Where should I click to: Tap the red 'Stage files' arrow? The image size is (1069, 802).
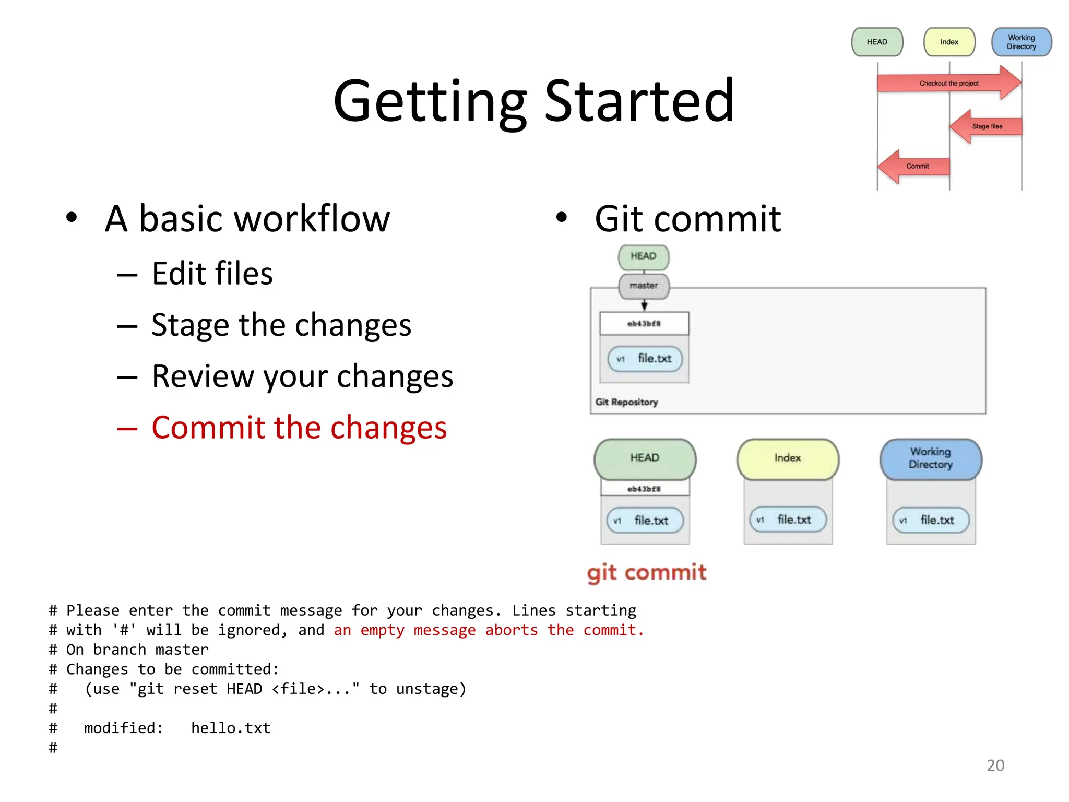coord(986,126)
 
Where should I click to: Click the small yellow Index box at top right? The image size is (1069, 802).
coord(949,42)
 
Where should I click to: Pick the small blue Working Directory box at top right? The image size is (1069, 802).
coord(1021,42)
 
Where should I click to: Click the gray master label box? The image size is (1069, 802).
coord(644,286)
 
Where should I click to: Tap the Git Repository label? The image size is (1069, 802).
coord(626,402)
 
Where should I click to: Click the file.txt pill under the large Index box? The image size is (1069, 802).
coord(788,520)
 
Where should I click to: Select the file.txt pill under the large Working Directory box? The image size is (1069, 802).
coord(931,520)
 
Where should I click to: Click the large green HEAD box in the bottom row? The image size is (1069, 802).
coord(645,458)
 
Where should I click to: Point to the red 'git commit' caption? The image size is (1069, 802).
coord(646,572)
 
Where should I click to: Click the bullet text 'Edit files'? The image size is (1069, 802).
coord(212,273)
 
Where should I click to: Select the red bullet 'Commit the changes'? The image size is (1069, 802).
coord(299,428)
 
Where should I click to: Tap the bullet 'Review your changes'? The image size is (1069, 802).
coord(302,376)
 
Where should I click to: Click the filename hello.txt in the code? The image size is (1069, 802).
coord(231,728)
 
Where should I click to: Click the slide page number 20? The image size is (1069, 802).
coord(995,765)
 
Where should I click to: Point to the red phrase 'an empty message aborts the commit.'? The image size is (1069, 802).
coord(489,630)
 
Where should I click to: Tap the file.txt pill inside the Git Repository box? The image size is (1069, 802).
coord(645,359)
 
